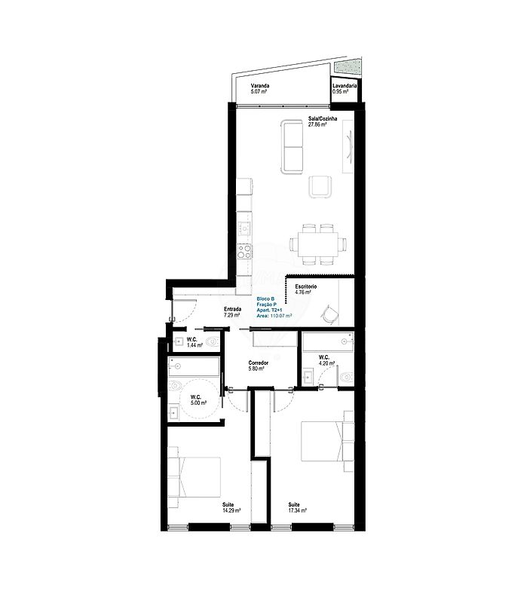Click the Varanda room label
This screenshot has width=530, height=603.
pos(260,86)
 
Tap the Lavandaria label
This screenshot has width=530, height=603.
pos(345,86)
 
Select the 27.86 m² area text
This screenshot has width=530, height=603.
pos(317,124)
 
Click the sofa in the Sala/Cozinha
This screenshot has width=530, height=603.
pos(292,146)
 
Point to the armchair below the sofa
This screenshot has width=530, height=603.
pos(320,187)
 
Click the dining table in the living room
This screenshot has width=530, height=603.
pos(317,244)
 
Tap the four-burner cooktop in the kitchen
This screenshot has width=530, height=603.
pos(244,252)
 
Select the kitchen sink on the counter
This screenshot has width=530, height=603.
pos(244,229)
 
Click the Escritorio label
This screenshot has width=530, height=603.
pos(306,286)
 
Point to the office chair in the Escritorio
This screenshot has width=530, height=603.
pos(329,314)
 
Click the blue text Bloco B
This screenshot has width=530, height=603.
pos(265,298)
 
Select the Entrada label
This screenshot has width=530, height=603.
pos(233,309)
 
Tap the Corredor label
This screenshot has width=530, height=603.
pos(259,363)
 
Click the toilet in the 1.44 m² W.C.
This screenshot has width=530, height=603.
pos(213,341)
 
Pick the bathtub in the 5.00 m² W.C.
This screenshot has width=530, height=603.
pos(194,367)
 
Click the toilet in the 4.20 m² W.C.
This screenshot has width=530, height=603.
pos(347,377)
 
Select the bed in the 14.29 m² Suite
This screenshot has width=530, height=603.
pos(195,477)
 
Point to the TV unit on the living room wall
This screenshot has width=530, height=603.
pos(348,146)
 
